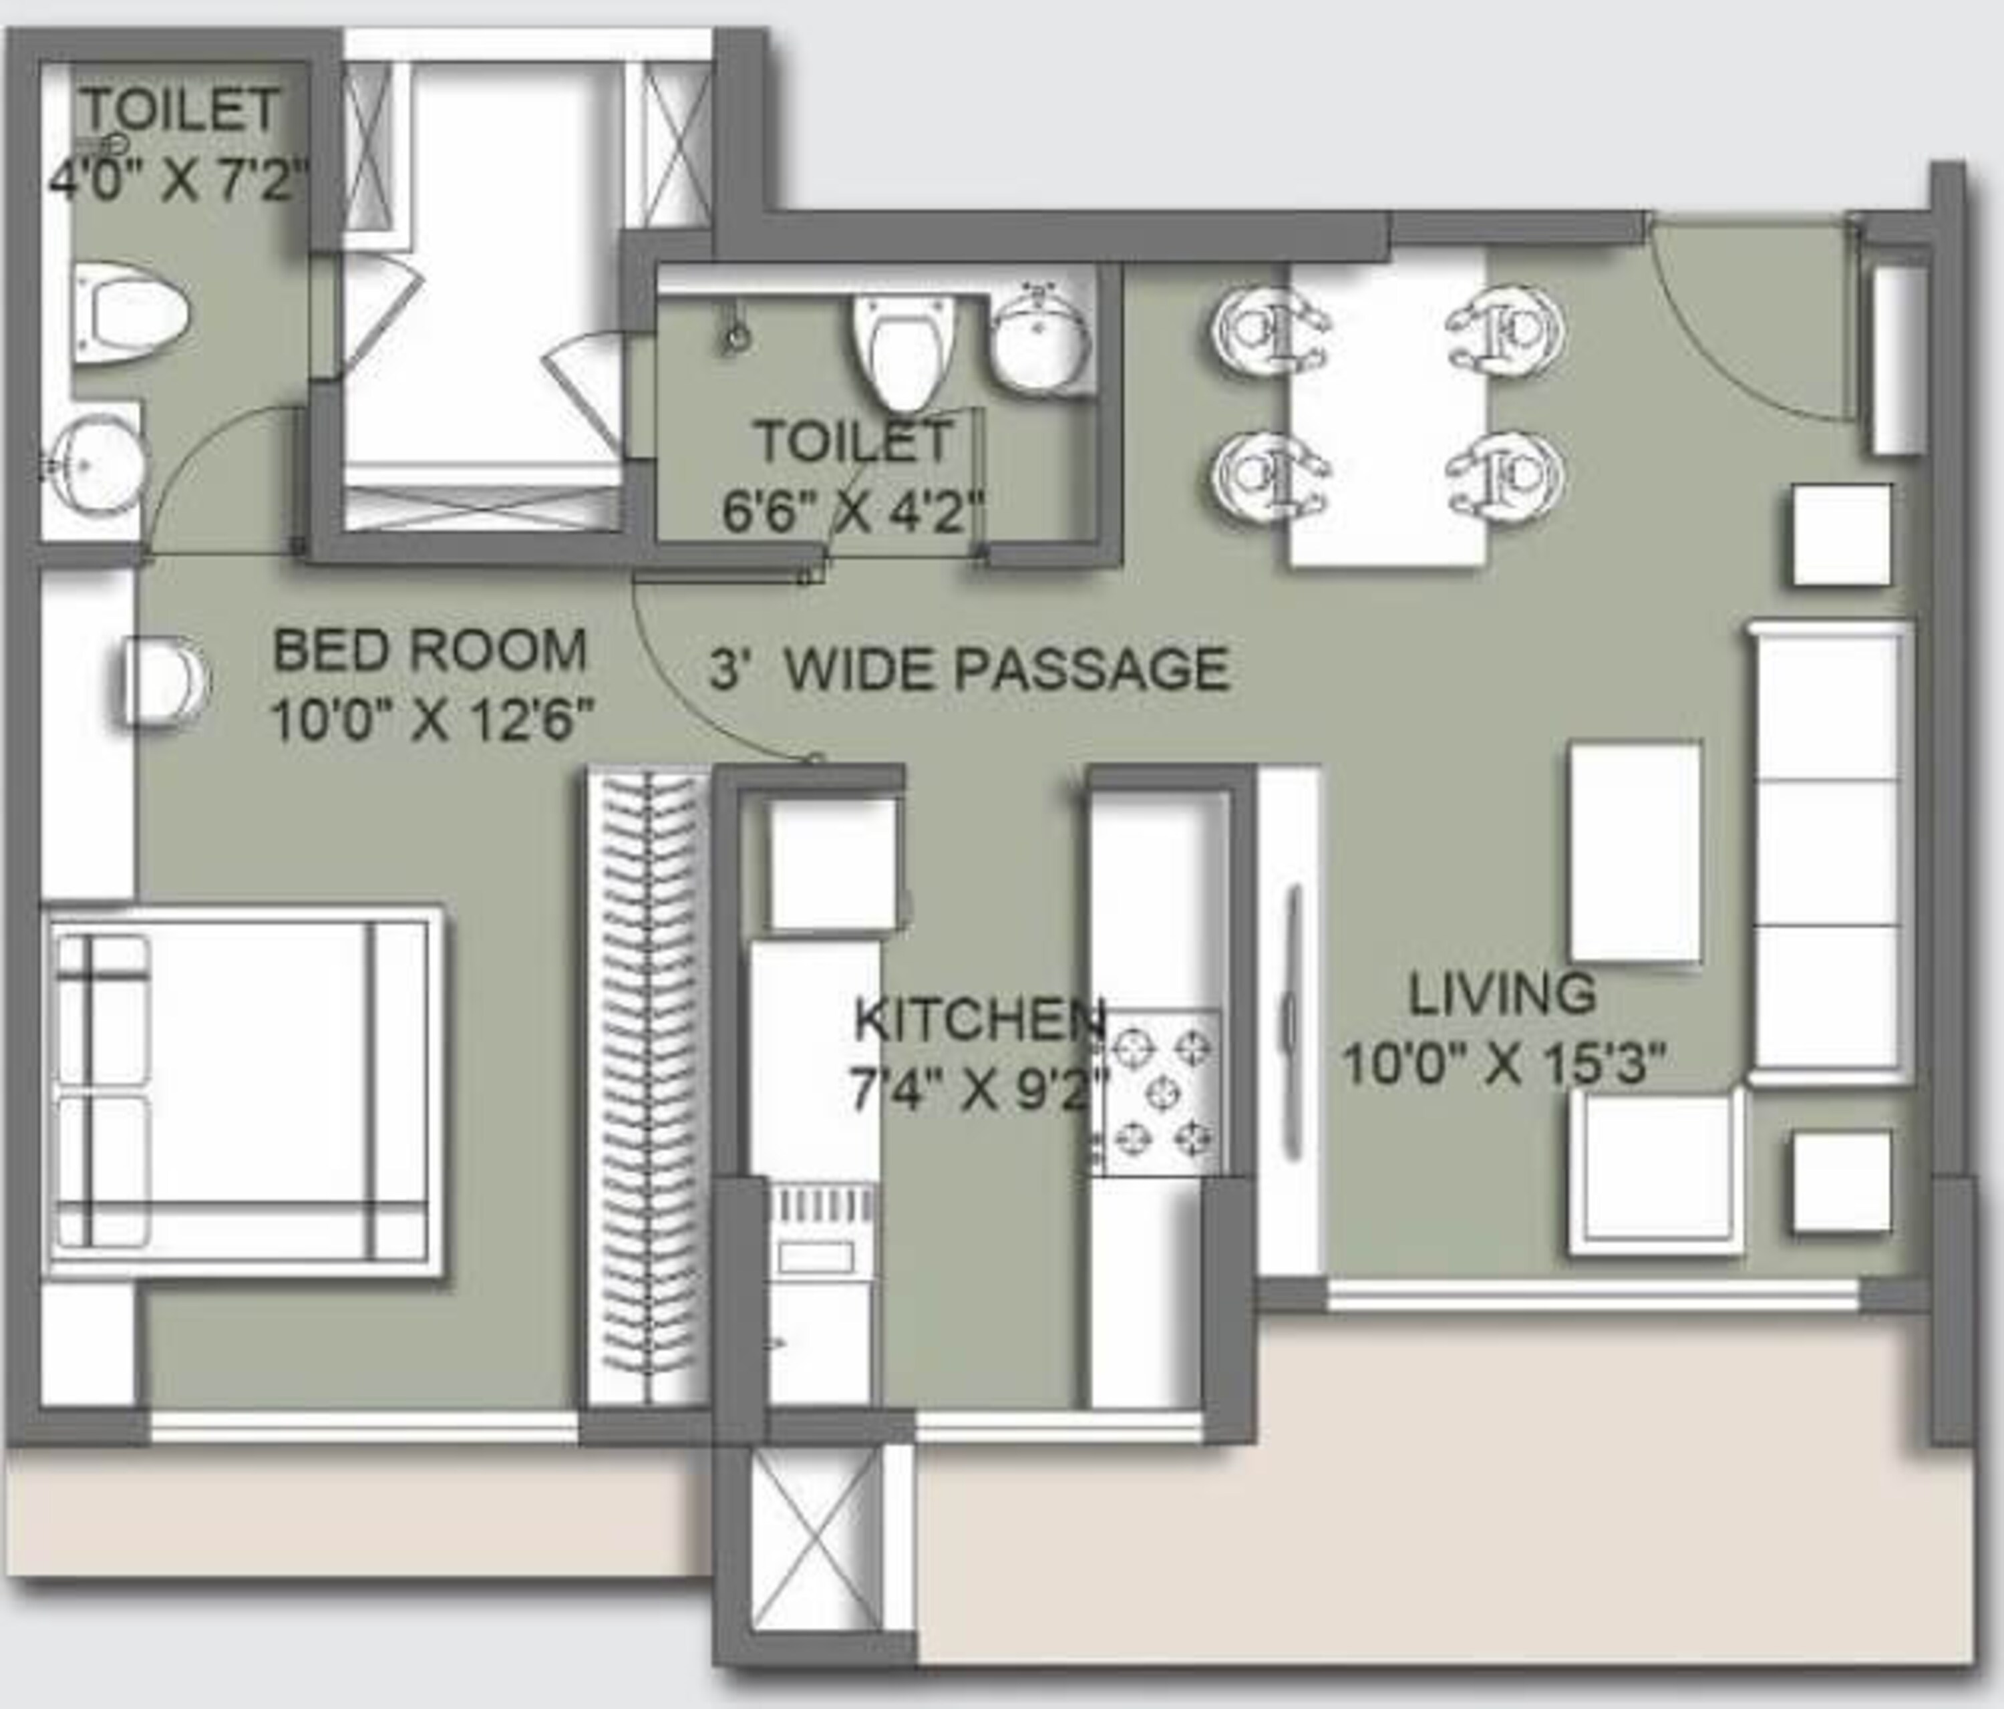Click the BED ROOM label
point(430,651)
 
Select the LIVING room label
point(1502,993)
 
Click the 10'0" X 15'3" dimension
point(1505,1065)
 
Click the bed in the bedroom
point(242,1092)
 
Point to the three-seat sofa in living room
point(1831,853)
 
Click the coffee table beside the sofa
point(1635,852)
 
